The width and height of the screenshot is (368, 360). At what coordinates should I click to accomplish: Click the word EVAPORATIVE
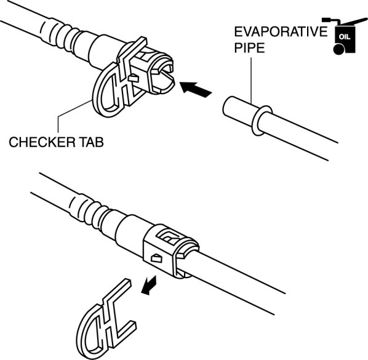click(281, 31)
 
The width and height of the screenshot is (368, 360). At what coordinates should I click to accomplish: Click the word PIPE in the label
click(249, 48)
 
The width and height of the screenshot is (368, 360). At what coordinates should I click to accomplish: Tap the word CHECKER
click(42, 142)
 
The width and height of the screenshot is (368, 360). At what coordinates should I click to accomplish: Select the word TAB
click(92, 142)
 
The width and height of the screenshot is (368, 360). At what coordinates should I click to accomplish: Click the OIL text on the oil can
click(345, 37)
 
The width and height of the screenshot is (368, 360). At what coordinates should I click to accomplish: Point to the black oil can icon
click(344, 36)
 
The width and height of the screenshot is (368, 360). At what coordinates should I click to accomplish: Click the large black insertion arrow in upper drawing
click(196, 89)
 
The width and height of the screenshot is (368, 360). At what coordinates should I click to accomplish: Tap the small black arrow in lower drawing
click(149, 285)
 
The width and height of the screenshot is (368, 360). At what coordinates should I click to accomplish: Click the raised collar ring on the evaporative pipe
click(262, 121)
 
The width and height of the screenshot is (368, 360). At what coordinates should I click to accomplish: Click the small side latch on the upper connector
click(134, 78)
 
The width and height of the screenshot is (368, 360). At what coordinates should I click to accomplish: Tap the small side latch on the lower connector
click(157, 258)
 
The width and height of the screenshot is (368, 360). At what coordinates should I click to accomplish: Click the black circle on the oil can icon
click(338, 49)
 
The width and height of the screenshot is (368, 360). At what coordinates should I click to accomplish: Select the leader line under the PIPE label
click(251, 81)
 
